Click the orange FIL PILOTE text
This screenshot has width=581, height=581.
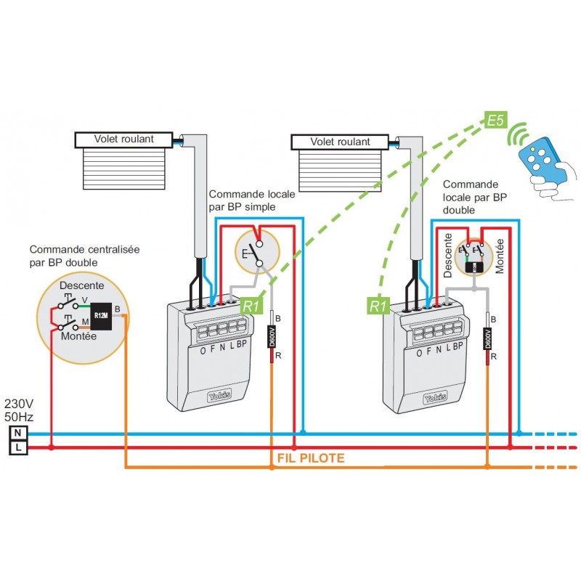[x=311, y=458]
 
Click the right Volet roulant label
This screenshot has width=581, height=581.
[x=340, y=141]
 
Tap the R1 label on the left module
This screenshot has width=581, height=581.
[x=251, y=306]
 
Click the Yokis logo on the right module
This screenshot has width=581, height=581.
[x=434, y=398]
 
